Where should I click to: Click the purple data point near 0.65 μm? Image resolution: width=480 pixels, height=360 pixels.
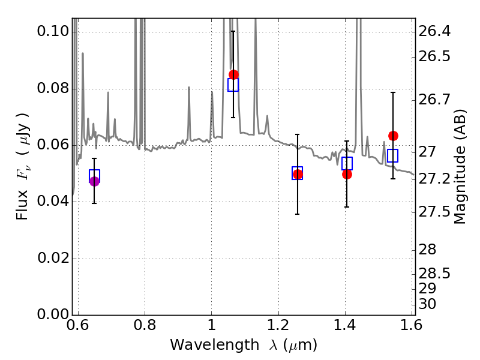(95, 181)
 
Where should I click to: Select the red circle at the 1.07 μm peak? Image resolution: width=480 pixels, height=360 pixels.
(233, 74)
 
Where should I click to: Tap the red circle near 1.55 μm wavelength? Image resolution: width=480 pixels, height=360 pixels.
(394, 136)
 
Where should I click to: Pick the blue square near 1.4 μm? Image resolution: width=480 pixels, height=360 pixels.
(347, 163)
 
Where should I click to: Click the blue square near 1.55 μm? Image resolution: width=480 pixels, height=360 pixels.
(393, 155)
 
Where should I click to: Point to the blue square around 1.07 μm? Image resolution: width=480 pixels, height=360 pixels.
(233, 85)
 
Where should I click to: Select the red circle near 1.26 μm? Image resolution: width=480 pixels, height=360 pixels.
(298, 174)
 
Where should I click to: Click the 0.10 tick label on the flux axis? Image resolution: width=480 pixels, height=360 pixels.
(53, 31)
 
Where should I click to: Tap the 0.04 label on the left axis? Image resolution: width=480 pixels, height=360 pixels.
(53, 201)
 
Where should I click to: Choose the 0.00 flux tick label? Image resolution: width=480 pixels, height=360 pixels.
(53, 314)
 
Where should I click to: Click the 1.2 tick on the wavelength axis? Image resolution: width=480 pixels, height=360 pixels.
(278, 325)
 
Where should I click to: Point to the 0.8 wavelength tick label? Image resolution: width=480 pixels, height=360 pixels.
(145, 325)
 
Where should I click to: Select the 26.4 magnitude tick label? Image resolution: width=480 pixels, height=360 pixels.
(434, 31)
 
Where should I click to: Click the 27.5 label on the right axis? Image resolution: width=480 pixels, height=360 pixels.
(434, 212)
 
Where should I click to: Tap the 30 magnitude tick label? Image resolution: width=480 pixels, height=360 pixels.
(427, 304)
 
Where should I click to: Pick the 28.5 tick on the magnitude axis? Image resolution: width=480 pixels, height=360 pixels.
(434, 274)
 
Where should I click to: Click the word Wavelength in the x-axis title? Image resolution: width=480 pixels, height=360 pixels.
(215, 346)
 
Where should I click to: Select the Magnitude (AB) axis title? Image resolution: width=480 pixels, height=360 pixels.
(460, 167)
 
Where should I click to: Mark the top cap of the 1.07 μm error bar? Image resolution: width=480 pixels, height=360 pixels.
(233, 31)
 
